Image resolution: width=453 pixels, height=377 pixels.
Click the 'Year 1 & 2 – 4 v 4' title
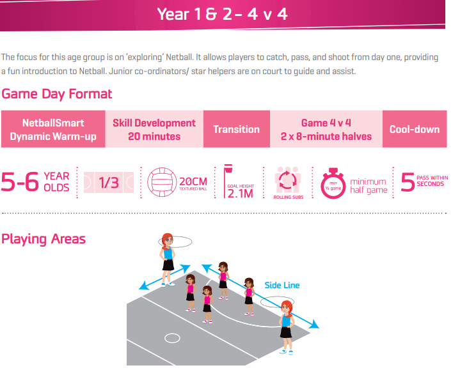point(222,14)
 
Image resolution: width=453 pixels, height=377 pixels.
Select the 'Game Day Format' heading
point(56,94)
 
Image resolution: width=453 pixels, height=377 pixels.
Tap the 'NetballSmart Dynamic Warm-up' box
point(53,129)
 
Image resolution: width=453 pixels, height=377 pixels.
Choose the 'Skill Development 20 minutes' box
point(154,129)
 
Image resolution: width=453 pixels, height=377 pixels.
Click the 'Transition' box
point(237,129)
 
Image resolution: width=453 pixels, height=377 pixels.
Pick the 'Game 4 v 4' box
point(326,129)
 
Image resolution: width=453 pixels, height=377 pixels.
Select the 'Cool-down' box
point(415,129)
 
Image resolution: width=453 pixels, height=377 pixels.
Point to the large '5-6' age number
point(20,181)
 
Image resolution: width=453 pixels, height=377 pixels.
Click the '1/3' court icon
point(109,182)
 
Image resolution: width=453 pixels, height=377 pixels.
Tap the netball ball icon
point(162,182)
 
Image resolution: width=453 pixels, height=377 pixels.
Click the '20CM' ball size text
point(193,181)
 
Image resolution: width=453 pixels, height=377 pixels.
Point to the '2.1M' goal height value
point(241,194)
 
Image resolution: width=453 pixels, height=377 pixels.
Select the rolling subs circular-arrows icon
point(287,180)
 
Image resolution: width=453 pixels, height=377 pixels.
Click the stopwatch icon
point(333,183)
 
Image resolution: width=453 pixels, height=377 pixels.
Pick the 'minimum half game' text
point(369,186)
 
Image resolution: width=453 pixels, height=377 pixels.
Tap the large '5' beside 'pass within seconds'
point(408,181)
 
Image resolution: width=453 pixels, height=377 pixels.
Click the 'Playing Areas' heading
point(44,239)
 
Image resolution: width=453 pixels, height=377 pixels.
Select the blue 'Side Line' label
point(282,285)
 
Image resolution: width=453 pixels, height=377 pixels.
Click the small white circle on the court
point(172,338)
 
